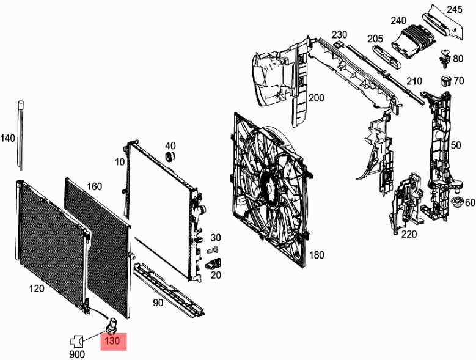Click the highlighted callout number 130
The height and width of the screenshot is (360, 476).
112,341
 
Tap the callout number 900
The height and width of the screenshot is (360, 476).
77,354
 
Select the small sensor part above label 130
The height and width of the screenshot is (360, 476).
112,325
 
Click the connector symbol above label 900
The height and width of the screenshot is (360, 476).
77,342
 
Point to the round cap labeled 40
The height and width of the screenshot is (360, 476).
170,156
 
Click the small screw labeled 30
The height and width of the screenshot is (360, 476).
213,250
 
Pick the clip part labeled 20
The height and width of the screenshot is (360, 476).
213,264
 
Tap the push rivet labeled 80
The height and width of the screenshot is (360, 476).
444,59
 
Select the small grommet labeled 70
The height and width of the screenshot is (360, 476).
445,81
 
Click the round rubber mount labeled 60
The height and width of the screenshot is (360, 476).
456,202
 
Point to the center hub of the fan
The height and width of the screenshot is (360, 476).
268,188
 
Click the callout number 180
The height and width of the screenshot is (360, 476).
317,255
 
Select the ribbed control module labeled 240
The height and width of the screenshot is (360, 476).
414,41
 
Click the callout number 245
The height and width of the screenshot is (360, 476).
454,9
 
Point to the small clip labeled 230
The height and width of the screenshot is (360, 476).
338,45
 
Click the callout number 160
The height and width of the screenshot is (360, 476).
95,186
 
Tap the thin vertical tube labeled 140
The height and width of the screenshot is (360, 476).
21,136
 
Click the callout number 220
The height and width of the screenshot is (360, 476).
409,234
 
